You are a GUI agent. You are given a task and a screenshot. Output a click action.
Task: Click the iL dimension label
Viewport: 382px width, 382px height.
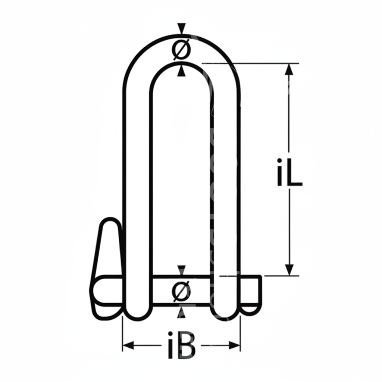click(289, 172)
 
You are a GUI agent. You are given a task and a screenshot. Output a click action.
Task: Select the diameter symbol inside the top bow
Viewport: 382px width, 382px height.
click(181, 50)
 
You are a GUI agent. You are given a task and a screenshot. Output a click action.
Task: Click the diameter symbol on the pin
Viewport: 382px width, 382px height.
click(182, 291)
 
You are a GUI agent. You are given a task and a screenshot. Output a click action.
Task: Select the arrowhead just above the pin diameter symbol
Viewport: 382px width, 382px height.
click(182, 270)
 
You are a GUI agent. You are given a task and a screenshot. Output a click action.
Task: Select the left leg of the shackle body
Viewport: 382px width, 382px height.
click(136, 187)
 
